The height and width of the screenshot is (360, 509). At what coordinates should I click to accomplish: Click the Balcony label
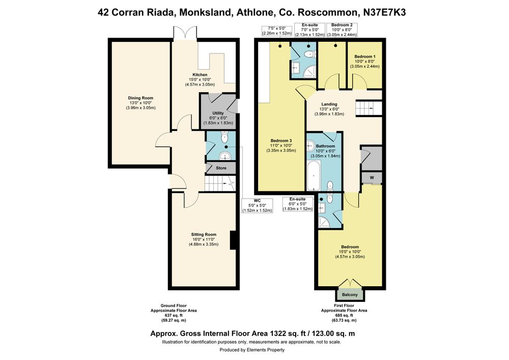(x=350, y=295)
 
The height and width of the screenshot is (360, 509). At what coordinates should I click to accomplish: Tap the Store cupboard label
(x=221, y=168)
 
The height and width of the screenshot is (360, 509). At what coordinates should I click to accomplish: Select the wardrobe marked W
(x=372, y=178)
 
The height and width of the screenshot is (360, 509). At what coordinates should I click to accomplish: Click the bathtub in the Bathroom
(x=314, y=176)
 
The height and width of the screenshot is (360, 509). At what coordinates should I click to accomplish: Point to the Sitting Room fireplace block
(x=233, y=240)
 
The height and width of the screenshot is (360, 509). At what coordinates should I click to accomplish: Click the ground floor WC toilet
(x=224, y=137)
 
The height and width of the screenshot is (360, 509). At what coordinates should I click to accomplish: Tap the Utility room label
(x=218, y=113)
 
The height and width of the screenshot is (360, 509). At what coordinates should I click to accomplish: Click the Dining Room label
(x=140, y=98)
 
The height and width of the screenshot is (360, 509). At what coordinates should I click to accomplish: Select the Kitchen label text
(x=200, y=75)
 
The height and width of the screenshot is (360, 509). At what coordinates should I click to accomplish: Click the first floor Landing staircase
(x=369, y=108)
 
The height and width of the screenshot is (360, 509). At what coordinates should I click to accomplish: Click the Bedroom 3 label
(x=281, y=141)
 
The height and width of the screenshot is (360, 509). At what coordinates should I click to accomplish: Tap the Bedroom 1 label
(x=365, y=57)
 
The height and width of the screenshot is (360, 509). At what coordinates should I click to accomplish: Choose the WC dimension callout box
(x=257, y=206)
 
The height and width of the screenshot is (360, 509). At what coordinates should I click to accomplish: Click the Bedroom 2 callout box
(x=342, y=30)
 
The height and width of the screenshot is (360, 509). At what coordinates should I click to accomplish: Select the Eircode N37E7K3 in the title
(x=384, y=12)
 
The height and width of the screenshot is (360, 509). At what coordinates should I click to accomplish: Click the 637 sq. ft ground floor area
(x=174, y=316)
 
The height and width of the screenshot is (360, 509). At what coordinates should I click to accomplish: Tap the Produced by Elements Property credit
(x=252, y=350)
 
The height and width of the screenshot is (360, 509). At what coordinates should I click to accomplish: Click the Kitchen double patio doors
(x=185, y=33)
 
